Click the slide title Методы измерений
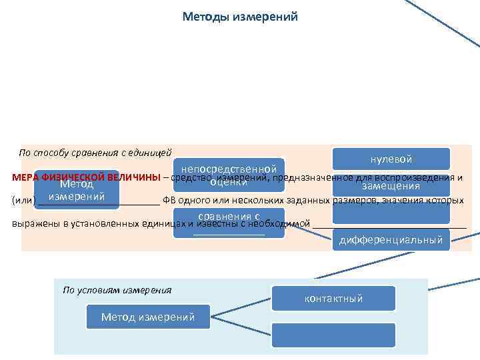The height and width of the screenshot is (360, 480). [240, 16]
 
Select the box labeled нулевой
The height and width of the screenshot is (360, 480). [391, 159]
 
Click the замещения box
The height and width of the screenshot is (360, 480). [391, 187]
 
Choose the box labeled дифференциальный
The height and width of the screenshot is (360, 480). [391, 240]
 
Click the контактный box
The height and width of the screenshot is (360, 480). [333, 298]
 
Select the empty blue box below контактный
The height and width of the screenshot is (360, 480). [333, 334]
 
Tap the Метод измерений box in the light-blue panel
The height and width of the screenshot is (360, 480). [148, 317]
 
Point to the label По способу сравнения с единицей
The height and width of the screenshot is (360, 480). [95, 153]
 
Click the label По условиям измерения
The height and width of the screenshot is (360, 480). [117, 289]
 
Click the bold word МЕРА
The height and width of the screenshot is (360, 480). [25, 177]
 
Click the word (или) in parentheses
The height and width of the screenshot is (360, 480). [23, 200]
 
